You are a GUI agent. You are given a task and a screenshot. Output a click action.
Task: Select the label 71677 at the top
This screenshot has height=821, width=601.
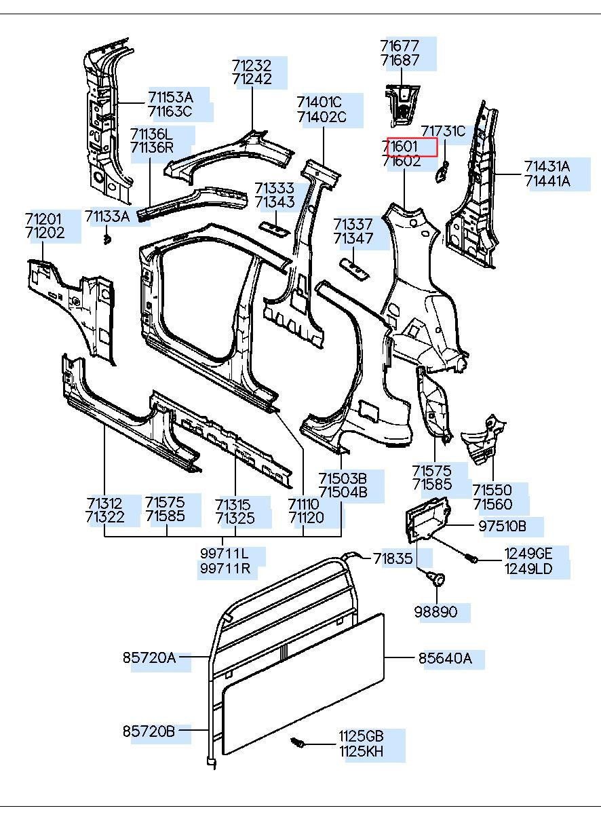coord(400,46)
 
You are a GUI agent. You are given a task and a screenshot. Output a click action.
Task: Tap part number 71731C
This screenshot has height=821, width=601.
coord(443,132)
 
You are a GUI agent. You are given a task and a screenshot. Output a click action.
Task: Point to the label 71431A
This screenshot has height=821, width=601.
coord(547,166)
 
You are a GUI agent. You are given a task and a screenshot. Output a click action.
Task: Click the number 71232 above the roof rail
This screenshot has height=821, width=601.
coord(252,65)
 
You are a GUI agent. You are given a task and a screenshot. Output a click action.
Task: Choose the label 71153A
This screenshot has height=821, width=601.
coord(170,96)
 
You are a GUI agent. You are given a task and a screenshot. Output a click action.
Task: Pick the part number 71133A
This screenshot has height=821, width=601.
coord(107,216)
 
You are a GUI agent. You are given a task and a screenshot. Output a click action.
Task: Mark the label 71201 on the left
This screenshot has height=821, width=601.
coord(44,218)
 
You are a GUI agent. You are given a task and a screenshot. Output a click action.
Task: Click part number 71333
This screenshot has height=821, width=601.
coord(275,188)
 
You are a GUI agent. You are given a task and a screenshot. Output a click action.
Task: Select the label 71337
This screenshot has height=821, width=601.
coord(353,224)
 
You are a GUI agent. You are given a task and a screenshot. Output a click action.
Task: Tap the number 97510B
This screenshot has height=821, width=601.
coord(501,526)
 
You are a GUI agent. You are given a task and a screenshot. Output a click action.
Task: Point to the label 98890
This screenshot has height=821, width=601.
coord(435,612)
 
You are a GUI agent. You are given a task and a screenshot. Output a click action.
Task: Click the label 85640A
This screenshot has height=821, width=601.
coord(444,658)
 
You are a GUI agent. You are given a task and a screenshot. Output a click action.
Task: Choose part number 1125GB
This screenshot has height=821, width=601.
coord(362,737)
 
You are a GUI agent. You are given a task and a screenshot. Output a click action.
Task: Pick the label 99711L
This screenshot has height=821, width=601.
coord(225,554)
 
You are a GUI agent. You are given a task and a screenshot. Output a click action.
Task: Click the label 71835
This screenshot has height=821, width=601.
coord(393,558)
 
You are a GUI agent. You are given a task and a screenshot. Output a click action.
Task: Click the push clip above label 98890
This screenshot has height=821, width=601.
coord(436,578)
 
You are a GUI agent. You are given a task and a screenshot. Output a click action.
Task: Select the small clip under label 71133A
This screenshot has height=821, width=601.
coord(107,240)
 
